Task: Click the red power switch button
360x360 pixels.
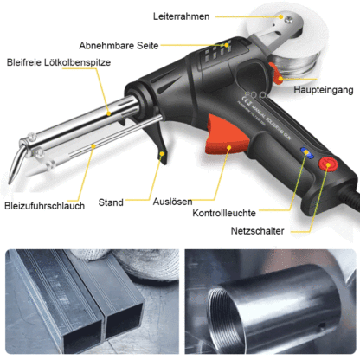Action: pos(329,165)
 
